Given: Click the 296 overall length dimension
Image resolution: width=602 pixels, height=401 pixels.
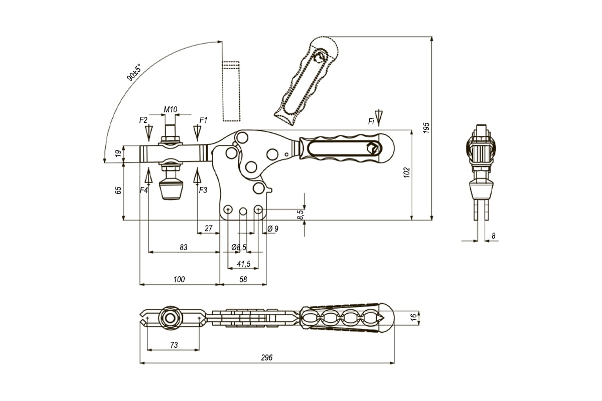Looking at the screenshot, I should click(266, 357).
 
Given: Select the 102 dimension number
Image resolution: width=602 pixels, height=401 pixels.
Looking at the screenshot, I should click(407, 171).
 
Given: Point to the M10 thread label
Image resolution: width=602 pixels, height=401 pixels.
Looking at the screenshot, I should click(171, 109).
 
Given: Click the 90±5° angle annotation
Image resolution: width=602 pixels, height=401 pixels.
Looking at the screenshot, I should click(134, 73).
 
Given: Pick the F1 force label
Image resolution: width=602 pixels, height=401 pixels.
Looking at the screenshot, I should click(203, 120).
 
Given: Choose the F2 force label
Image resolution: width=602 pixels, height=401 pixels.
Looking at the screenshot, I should click(143, 120).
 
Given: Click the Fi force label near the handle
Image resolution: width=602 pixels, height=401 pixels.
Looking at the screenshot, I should click(371, 121).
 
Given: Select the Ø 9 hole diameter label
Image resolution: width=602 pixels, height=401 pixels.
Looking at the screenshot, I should click(273, 229).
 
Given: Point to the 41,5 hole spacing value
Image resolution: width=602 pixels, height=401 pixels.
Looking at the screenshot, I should click(243, 264).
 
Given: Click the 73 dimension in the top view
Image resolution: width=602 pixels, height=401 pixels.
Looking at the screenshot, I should click(173, 345).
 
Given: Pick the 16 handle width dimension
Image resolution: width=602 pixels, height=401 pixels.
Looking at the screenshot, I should click(413, 317).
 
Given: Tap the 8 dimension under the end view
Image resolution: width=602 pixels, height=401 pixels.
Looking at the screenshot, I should click(493, 235).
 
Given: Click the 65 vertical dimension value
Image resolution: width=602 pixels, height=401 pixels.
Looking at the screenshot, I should click(118, 190).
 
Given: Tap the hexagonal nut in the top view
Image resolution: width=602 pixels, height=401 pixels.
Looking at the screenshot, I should click(169, 317).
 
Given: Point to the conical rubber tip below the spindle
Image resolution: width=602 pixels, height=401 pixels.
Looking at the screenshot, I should click(170, 190).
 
